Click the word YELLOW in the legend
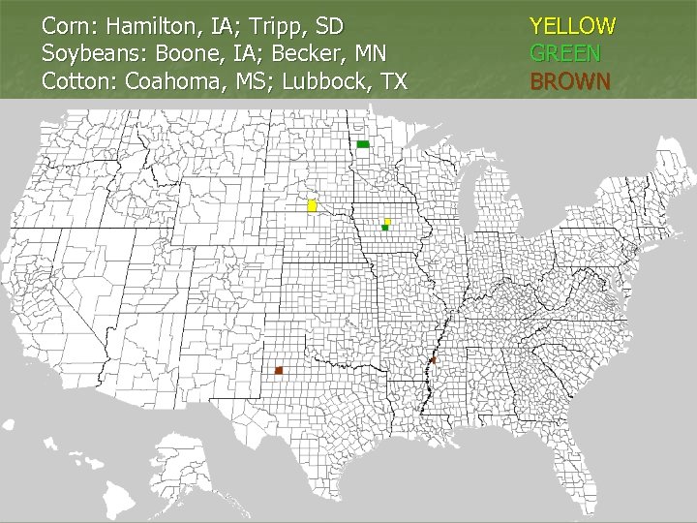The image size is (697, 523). click(572, 25)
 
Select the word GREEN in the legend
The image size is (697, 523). click(565, 53)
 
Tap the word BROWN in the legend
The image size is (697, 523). click(570, 80)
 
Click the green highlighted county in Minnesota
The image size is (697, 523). click(363, 144)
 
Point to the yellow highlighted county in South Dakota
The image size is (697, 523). click(312, 206)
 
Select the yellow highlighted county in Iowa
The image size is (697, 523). click(386, 222)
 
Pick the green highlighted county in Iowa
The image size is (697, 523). click(384, 229)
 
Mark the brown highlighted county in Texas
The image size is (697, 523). click(279, 370)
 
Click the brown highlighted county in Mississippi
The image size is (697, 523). click(433, 360)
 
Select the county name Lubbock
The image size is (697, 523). click(326, 80)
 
